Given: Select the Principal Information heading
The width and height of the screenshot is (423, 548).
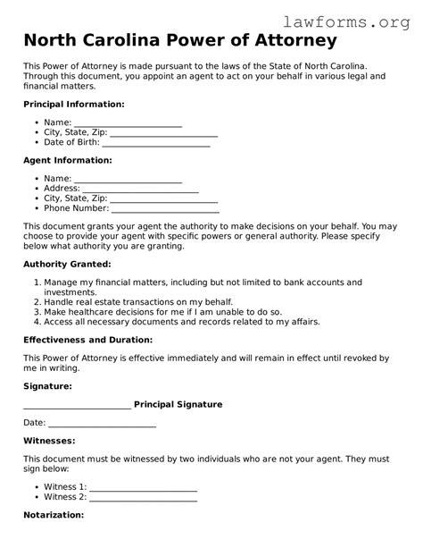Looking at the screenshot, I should click(74, 105).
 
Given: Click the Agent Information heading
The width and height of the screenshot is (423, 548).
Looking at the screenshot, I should click(68, 160).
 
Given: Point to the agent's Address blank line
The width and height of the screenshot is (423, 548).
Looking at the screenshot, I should click(140, 190).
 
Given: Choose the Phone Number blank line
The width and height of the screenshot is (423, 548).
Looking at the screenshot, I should click(164, 210).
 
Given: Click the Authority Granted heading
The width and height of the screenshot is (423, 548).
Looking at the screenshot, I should click(68, 265).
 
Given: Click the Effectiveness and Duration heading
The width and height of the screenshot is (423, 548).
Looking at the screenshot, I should click(88, 340).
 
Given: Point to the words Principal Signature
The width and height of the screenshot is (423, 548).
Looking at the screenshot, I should click(178, 405).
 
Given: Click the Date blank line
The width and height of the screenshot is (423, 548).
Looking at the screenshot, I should click(102, 424).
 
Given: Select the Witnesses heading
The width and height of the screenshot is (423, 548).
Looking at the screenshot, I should click(49, 441).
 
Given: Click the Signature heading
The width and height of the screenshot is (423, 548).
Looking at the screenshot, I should click(48, 386).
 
